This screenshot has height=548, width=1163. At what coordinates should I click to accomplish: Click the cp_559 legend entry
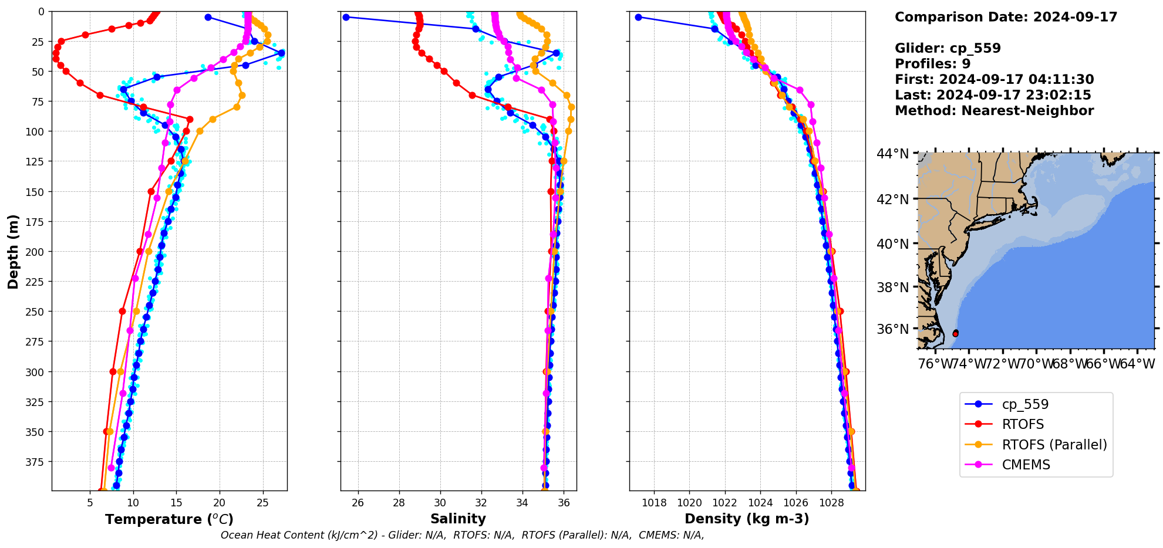click(x=1024, y=404)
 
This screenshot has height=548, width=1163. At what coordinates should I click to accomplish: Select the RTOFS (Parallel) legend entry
click(x=1054, y=445)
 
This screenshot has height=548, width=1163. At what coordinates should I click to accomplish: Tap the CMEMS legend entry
click(x=1026, y=465)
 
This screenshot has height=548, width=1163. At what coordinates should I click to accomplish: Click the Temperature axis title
click(x=169, y=519)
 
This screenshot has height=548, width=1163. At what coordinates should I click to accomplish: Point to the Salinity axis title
click(x=458, y=519)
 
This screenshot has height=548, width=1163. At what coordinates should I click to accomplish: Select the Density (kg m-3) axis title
click(x=747, y=519)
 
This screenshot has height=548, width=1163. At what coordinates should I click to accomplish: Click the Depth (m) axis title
click(x=13, y=251)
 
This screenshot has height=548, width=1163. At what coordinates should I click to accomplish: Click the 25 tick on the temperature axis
click(x=263, y=503)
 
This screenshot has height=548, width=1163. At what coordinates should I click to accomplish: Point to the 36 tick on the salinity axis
click(x=564, y=503)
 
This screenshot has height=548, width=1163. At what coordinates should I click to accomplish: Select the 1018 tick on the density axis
click(x=654, y=503)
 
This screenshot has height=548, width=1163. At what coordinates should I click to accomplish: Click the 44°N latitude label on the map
click(x=892, y=154)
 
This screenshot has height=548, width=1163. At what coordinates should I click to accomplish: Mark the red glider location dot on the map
click(x=955, y=333)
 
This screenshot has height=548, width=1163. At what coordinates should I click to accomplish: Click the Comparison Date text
click(x=1006, y=17)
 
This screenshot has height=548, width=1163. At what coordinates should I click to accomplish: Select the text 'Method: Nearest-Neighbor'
click(x=994, y=111)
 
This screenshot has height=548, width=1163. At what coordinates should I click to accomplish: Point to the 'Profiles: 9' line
click(x=932, y=64)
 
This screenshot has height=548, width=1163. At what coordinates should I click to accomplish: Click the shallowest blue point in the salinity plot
click(x=346, y=17)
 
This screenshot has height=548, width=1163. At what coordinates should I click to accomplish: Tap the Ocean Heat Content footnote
click(x=462, y=535)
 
